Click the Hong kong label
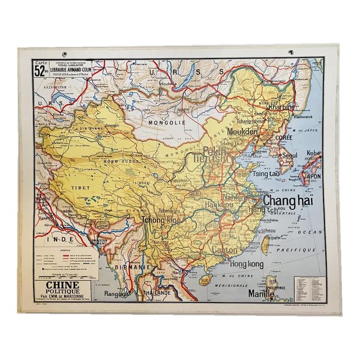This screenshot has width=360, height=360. pyautogui.click(x=246, y=263)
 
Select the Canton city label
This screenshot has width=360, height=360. pyautogui.click(x=225, y=249)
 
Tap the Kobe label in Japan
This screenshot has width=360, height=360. pyautogui.click(x=313, y=152)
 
